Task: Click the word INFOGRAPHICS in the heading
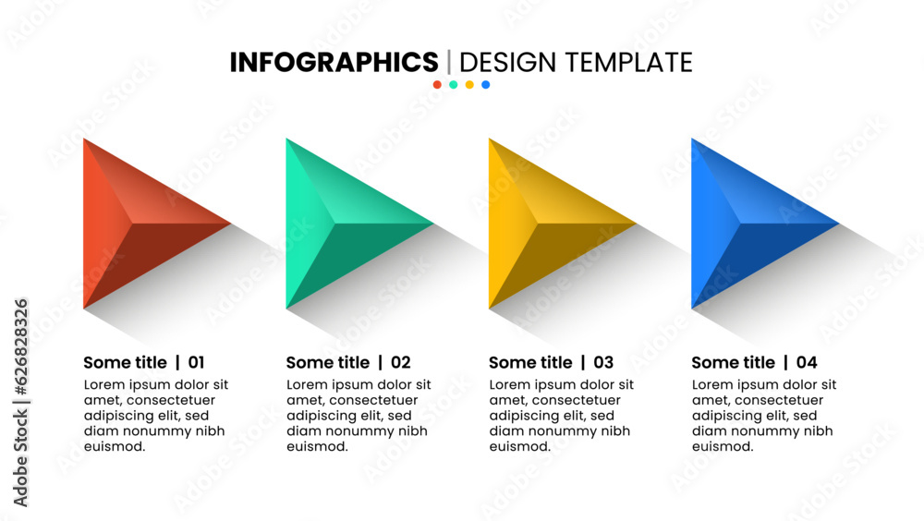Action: point(334,63)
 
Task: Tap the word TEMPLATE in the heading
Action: point(629,63)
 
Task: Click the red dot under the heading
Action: point(437,85)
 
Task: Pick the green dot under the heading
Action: point(453,85)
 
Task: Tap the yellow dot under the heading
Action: point(469,85)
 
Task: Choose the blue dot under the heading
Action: point(486,85)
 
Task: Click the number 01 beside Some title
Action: point(196,362)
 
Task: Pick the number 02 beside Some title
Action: point(401,362)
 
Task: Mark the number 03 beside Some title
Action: point(603,362)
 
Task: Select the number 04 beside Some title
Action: point(807,362)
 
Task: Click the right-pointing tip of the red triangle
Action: point(231,224)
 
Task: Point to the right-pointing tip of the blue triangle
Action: point(839,224)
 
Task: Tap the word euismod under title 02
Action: point(317,447)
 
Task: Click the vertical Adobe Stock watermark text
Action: point(20,403)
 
